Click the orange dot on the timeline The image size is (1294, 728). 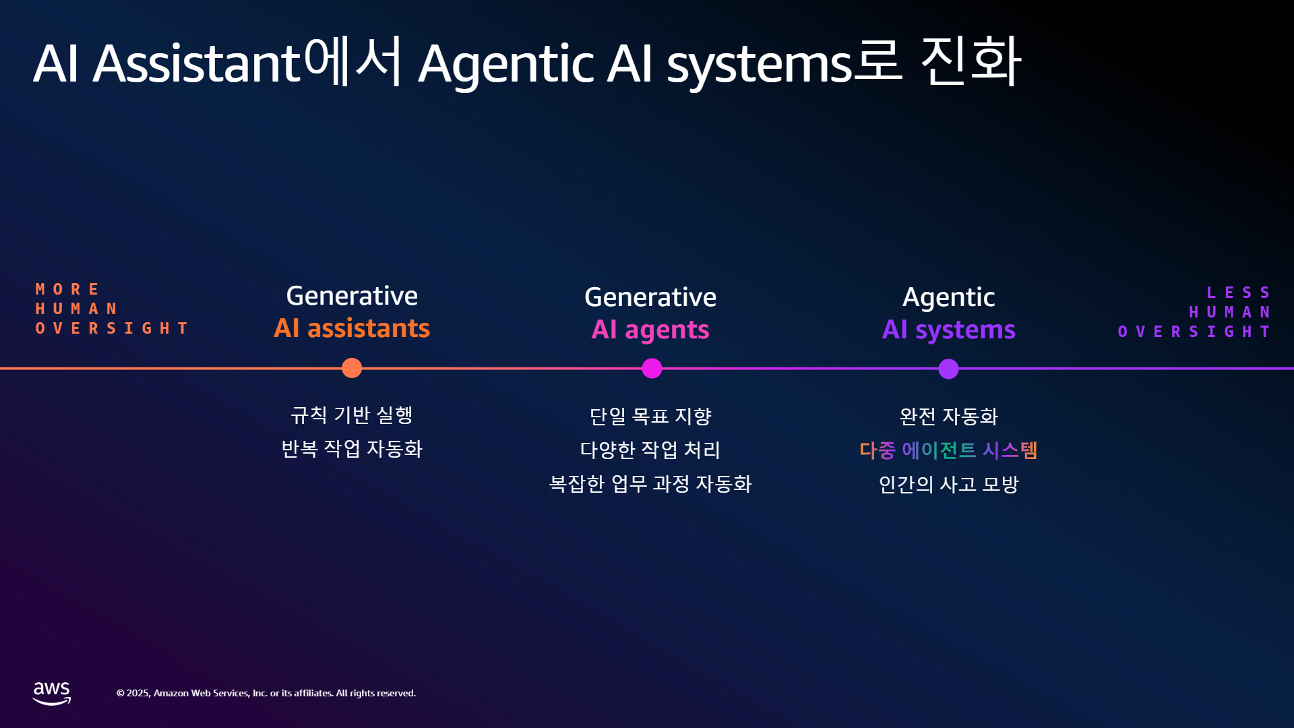[352, 368]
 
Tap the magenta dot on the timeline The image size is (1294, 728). [652, 368]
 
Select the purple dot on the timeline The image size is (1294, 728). [948, 369]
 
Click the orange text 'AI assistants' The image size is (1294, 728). [352, 328]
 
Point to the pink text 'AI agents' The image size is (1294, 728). [650, 330]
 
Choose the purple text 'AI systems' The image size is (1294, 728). [949, 330]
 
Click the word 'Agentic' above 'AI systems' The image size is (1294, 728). [949, 297]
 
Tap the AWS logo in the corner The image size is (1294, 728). [52, 693]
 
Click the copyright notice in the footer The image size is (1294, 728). [266, 693]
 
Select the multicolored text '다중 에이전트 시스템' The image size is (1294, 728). [948, 450]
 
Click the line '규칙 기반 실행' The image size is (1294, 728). [352, 415]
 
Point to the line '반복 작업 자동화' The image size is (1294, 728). [352, 449]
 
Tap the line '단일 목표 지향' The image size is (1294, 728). [650, 417]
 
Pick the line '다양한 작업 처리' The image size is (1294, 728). [650, 450]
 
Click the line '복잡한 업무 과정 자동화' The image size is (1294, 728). [650, 484]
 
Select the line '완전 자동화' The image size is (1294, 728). [949, 417]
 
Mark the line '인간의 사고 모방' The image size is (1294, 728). [949, 484]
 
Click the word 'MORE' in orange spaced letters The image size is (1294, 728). [67, 289]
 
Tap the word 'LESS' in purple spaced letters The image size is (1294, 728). [1238, 293]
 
